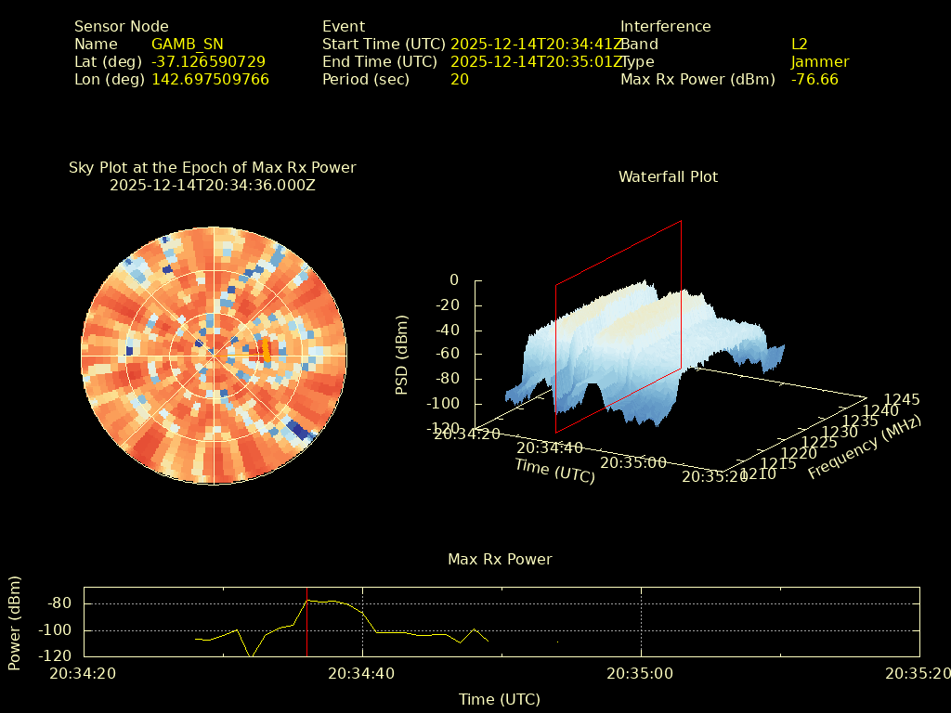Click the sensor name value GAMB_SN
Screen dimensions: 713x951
[x=188, y=44]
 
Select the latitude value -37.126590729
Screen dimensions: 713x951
[x=208, y=61]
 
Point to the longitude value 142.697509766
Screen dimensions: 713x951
[x=210, y=79]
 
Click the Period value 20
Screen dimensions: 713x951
[x=460, y=79]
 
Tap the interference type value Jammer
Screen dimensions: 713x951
[x=820, y=61]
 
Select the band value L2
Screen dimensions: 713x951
[x=800, y=44]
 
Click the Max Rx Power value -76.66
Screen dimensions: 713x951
[x=814, y=79]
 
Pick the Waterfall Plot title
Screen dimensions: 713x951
[x=668, y=176]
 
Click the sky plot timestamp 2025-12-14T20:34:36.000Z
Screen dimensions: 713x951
[x=213, y=185]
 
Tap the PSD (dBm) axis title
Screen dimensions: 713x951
[x=402, y=354]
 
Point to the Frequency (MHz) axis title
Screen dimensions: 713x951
[x=865, y=447]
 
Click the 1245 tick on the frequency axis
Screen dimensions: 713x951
[x=902, y=399]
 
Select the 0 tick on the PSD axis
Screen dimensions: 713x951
[x=454, y=279]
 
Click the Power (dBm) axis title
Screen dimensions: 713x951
[x=15, y=622]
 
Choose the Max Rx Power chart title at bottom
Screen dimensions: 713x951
[x=500, y=559]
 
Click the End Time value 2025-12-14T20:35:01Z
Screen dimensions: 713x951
[x=536, y=61]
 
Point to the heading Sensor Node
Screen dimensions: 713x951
[x=122, y=26]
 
